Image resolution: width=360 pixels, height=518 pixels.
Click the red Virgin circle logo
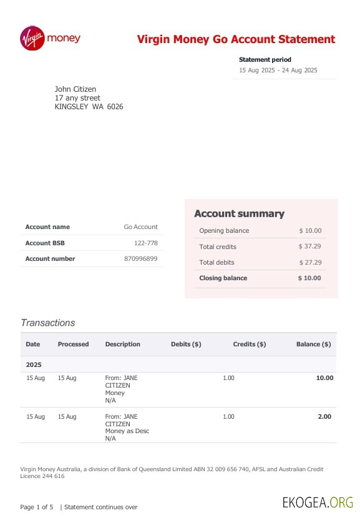click(x=32, y=38)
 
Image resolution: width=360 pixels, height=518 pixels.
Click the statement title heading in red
click(x=236, y=39)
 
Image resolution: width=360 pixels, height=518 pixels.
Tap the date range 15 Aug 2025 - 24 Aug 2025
click(x=278, y=70)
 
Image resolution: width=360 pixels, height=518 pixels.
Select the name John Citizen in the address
click(x=75, y=89)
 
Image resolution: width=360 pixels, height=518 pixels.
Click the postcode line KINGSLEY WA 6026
click(x=89, y=107)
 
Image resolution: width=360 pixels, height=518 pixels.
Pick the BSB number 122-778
click(x=145, y=243)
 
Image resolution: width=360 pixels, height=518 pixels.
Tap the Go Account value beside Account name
click(x=140, y=227)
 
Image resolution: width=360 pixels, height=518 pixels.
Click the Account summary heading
click(x=239, y=214)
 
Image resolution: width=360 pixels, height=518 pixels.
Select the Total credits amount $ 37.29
click(x=309, y=247)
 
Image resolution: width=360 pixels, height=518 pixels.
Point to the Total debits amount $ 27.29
click(x=309, y=262)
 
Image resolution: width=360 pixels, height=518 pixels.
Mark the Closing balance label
click(x=223, y=278)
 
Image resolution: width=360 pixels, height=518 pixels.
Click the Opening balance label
click(x=223, y=230)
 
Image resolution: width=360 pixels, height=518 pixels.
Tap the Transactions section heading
click(x=47, y=323)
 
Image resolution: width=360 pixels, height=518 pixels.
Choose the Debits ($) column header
click(x=186, y=344)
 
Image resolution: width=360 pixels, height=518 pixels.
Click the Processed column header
click(x=73, y=344)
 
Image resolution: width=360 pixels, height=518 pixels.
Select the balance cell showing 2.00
click(x=324, y=416)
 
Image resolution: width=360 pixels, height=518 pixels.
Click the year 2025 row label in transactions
click(x=34, y=364)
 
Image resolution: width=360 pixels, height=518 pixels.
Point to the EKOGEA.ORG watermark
click(x=318, y=502)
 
